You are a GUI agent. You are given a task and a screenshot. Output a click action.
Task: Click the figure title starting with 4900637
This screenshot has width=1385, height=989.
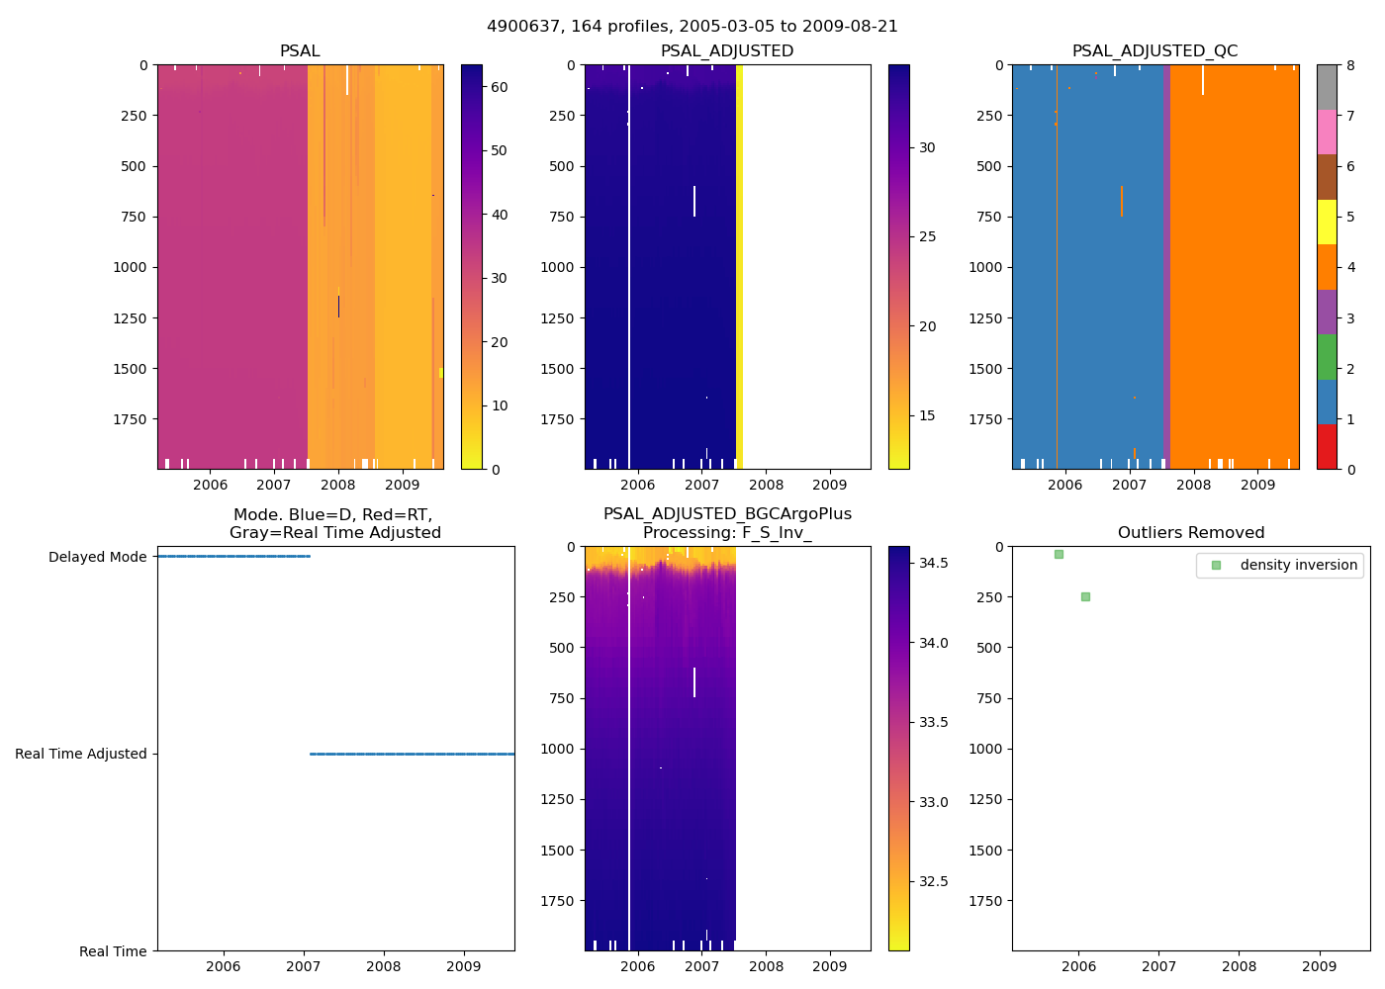tap(692, 27)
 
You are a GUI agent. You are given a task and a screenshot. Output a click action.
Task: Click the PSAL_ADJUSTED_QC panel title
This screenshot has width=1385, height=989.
tap(1154, 51)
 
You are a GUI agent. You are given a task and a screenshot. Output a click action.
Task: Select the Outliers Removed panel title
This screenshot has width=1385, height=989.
tap(1191, 533)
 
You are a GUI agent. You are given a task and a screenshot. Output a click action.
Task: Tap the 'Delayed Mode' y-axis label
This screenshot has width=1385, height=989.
tap(97, 557)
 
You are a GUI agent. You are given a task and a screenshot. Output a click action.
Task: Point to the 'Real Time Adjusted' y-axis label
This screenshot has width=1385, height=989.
tap(80, 754)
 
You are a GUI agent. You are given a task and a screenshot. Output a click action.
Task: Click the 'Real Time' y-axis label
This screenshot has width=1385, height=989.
tap(113, 951)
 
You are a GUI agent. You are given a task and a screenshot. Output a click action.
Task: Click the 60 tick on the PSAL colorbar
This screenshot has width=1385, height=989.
tap(499, 87)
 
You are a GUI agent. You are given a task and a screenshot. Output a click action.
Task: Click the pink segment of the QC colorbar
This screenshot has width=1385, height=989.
tap(1327, 132)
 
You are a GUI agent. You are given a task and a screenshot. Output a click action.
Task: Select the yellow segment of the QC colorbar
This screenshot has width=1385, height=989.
tap(1327, 222)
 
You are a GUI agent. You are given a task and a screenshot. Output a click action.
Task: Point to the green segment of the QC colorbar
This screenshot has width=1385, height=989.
tap(1327, 356)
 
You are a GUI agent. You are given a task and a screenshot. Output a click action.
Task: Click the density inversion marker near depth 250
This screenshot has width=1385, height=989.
tap(1085, 596)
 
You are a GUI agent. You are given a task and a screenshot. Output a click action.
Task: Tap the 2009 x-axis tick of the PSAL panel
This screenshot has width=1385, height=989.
tap(402, 485)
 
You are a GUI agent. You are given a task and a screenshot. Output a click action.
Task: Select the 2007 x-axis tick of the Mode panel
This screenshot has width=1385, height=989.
tap(304, 966)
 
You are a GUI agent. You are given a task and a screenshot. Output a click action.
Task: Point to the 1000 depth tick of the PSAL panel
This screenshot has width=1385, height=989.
tap(133, 267)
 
